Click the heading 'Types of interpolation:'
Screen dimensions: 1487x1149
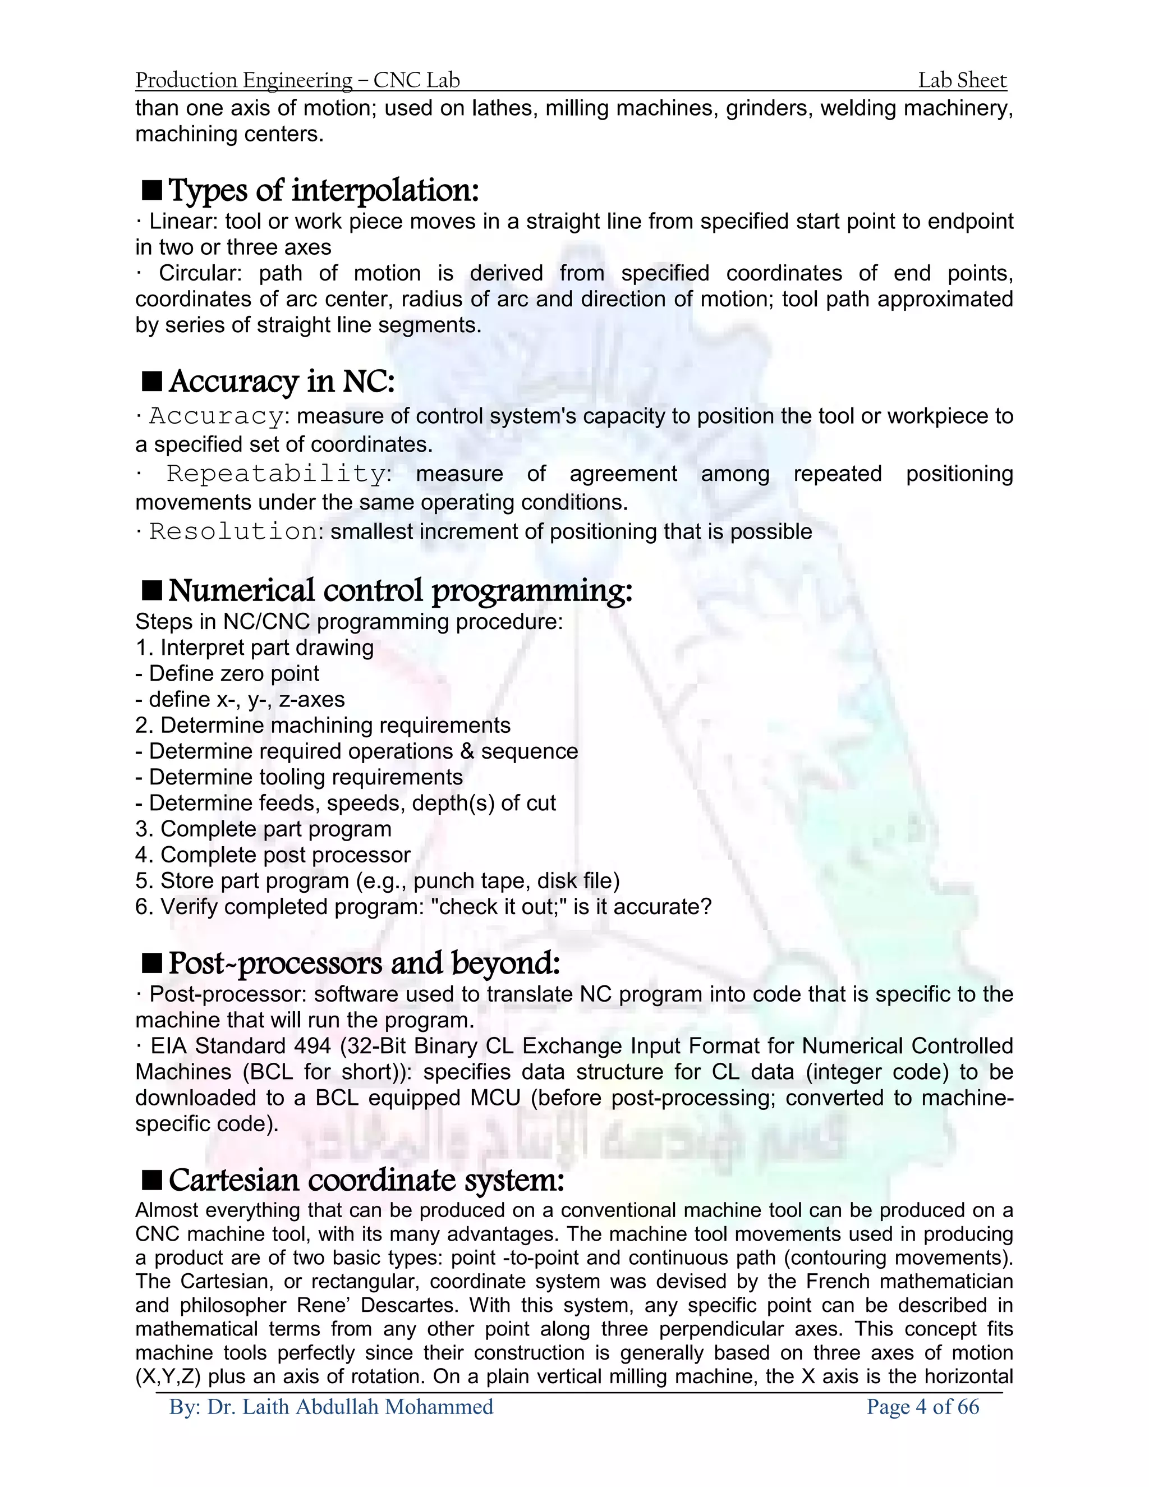point(323,191)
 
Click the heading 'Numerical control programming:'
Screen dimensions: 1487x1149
point(400,590)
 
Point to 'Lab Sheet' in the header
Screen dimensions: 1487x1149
point(962,80)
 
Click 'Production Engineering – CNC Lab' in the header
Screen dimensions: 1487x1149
point(297,80)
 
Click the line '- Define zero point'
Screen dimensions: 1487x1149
point(227,673)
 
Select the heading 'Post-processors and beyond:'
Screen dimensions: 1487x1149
point(364,963)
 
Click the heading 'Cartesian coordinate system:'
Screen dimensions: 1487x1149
point(366,1180)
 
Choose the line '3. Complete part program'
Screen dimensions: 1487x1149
point(264,829)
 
